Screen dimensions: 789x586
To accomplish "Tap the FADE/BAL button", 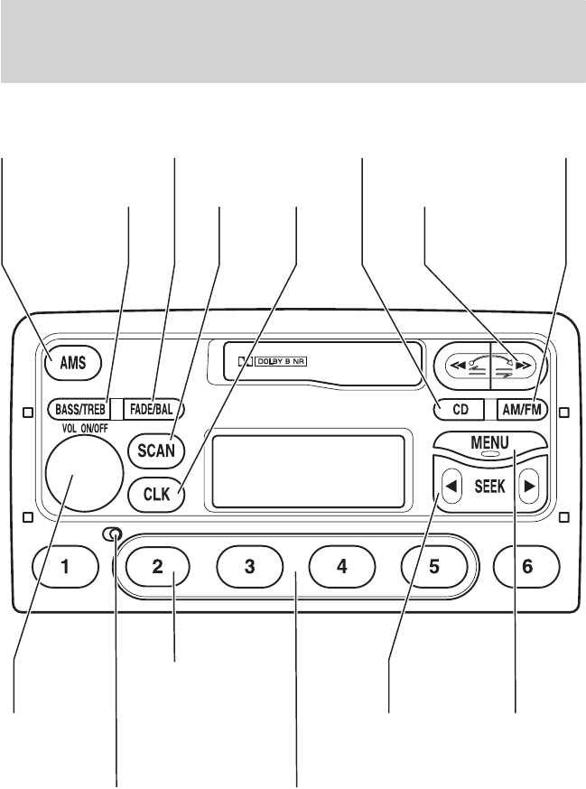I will [x=153, y=409].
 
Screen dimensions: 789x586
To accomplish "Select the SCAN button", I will [x=155, y=449].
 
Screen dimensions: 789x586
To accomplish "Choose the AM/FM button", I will [x=523, y=408].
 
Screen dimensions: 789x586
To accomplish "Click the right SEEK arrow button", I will [x=530, y=486].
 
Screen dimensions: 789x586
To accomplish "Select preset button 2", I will [x=157, y=567].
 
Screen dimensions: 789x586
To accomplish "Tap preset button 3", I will [x=249, y=567].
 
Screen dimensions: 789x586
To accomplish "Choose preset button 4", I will [x=341, y=567].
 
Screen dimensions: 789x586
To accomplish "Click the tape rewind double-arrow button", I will [x=461, y=366].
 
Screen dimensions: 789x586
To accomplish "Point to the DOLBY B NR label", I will [x=281, y=362].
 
